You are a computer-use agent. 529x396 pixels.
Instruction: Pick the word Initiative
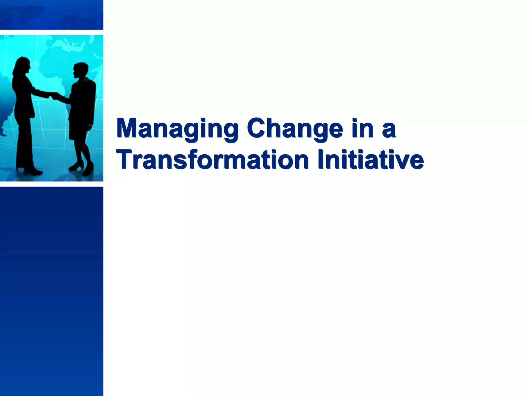[x=371, y=160]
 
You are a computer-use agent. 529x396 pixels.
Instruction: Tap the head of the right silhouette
[x=81, y=70]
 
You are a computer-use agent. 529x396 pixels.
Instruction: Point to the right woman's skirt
[x=79, y=129]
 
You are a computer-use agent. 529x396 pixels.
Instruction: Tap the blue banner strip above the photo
[x=52, y=14]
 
